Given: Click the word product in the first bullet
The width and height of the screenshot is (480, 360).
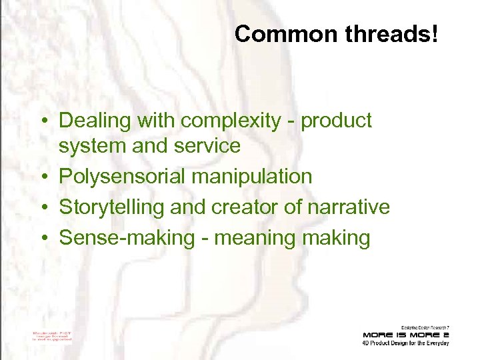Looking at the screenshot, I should (x=337, y=121).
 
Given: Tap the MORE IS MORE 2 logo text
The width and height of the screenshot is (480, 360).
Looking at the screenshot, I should (x=405, y=334).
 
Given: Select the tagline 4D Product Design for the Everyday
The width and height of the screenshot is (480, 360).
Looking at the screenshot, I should (x=405, y=343).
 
